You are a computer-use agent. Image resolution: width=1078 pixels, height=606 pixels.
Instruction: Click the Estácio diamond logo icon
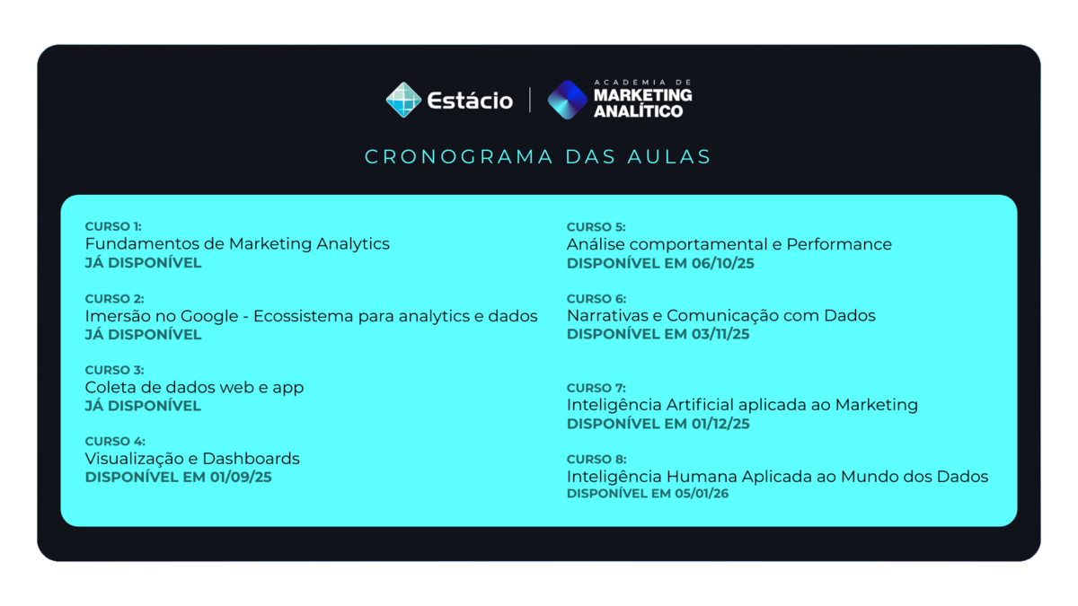[x=403, y=100]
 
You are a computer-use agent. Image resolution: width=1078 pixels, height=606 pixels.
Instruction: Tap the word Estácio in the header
[x=470, y=101]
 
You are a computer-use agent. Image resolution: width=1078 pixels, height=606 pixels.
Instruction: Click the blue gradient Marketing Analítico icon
[x=567, y=100]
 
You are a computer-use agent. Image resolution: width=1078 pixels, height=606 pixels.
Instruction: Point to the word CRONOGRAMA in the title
[x=459, y=157]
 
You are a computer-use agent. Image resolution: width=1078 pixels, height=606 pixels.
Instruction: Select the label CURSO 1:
[x=113, y=226]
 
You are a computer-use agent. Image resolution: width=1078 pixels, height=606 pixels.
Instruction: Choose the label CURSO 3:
[x=115, y=370]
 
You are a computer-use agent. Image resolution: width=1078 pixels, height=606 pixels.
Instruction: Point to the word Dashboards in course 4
[x=251, y=459]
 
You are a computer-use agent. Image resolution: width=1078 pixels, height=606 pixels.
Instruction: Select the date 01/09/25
[x=241, y=477]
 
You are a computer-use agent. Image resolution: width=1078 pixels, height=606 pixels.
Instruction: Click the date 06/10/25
[x=723, y=263]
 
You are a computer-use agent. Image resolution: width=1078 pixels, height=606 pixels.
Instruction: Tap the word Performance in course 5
[x=839, y=244]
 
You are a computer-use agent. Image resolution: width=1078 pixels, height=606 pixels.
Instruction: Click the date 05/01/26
[x=702, y=494]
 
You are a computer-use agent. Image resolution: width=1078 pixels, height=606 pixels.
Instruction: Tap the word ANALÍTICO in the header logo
[x=638, y=111]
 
